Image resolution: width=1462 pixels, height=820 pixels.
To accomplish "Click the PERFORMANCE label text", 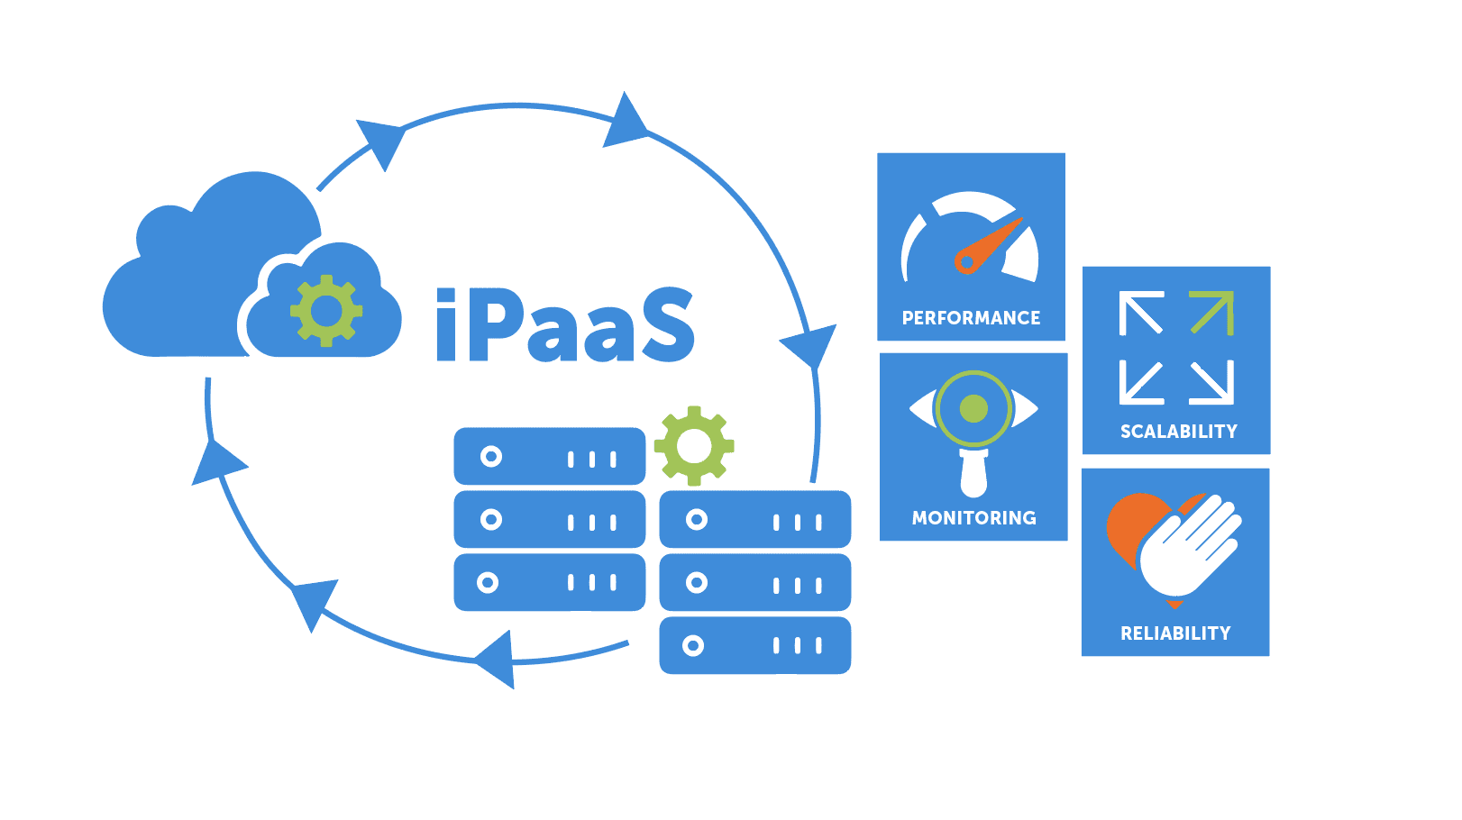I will (x=971, y=318).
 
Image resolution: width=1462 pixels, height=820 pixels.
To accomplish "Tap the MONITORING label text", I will (x=973, y=518).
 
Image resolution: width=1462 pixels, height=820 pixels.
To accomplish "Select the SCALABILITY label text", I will (x=1178, y=432).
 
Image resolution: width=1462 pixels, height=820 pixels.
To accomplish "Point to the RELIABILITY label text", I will (x=1175, y=633).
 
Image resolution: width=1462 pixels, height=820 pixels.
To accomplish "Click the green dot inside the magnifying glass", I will (x=973, y=409).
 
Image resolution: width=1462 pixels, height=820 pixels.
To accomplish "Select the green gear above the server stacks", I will (x=694, y=445).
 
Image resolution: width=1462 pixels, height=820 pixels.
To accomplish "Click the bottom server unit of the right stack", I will (x=755, y=645).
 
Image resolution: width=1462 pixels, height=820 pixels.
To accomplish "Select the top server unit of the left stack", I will (x=550, y=457).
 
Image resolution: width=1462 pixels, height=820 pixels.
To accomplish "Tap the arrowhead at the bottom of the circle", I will (x=498, y=659).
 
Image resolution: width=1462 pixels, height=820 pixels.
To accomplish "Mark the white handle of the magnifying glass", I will (x=973, y=472).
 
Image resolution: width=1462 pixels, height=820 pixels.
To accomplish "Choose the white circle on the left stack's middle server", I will (x=491, y=519).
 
